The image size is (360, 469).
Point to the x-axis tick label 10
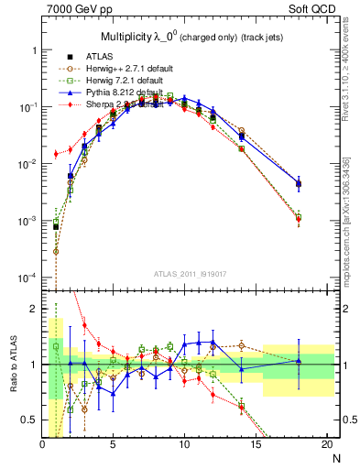click(184, 445)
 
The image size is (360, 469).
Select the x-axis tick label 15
click(256, 445)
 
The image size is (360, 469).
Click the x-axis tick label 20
click(326, 445)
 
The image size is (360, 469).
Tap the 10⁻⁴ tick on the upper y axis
click(27, 278)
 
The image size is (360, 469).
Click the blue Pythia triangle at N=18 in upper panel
click(298, 183)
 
